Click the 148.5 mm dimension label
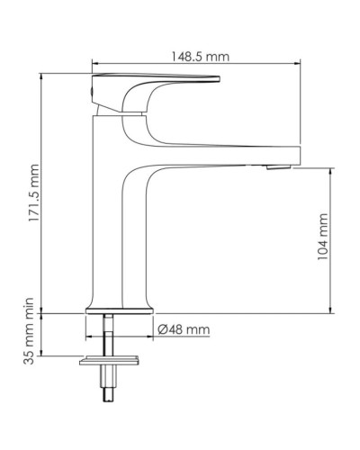tap(198, 56)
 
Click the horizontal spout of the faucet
tap(225, 153)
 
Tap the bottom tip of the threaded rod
tap(110, 400)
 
